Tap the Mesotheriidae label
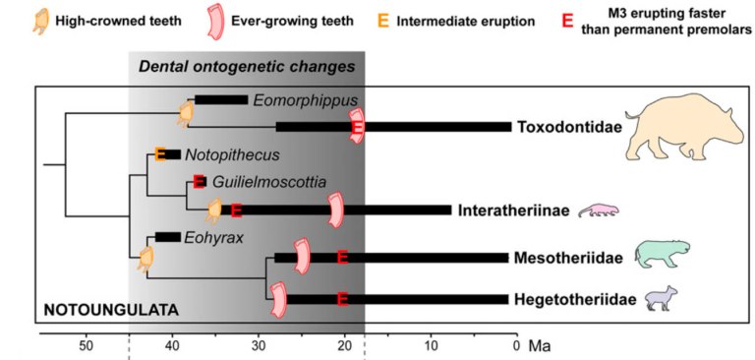(x=567, y=258)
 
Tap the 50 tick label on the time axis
(x=86, y=344)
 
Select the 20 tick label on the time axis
(x=345, y=344)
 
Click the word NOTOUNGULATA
(x=109, y=310)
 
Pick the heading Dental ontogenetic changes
(x=247, y=67)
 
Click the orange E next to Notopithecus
(x=161, y=154)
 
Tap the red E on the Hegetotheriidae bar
(x=343, y=299)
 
